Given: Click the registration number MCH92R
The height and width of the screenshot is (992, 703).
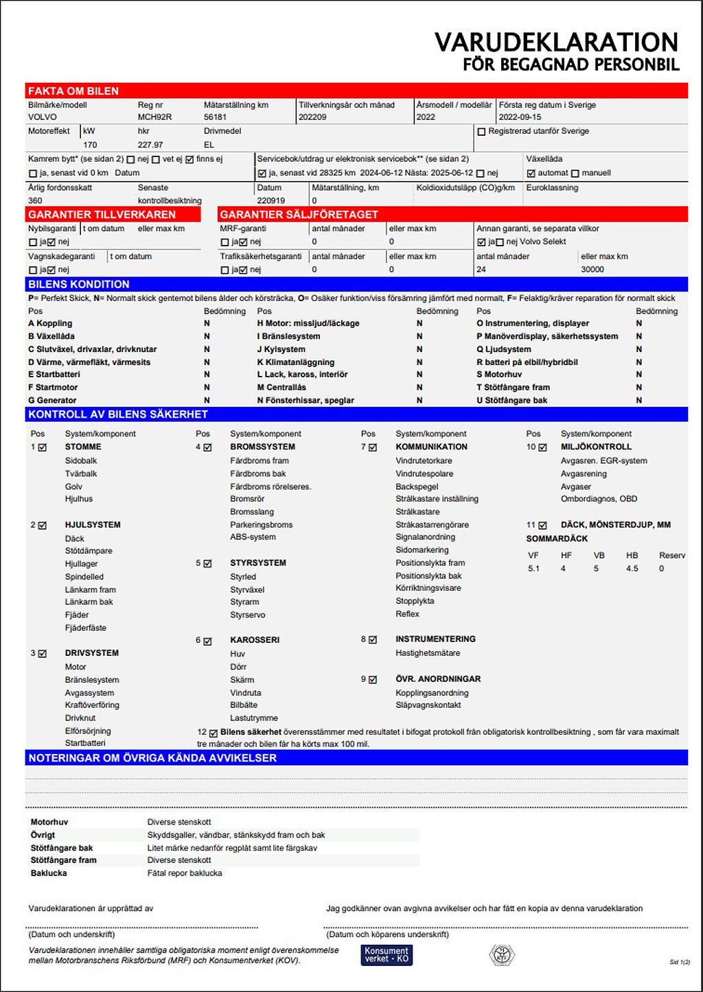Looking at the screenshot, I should (154, 117).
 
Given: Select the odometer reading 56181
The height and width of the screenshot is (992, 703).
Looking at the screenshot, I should (215, 117).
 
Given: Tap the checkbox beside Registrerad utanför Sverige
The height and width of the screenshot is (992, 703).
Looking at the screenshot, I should (481, 132).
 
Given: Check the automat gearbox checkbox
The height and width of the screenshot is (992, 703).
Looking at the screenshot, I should (531, 174).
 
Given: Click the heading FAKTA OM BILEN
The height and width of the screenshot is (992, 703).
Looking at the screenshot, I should (73, 91).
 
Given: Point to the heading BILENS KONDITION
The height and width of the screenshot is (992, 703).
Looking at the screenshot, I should (79, 285).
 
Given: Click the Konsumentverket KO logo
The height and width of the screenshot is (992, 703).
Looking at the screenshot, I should (387, 955).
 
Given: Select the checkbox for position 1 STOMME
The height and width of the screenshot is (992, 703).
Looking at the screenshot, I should (43, 447).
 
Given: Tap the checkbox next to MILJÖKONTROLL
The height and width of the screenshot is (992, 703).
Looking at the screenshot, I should (543, 447).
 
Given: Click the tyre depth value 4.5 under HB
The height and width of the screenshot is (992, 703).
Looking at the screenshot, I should (632, 569).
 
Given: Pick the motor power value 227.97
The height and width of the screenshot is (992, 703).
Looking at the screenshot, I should (150, 145).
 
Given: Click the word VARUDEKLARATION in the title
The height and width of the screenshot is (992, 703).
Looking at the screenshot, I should (556, 43).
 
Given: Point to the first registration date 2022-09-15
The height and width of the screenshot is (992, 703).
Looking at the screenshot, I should (520, 117).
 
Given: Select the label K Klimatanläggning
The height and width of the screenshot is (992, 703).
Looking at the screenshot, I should (296, 362).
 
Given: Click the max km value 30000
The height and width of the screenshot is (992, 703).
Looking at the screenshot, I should (592, 270).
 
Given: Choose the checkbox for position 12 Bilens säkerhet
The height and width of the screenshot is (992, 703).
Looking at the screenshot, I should (214, 733).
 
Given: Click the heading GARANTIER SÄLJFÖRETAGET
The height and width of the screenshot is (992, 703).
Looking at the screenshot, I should (299, 215).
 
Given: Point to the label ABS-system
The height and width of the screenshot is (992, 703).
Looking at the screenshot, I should (253, 537).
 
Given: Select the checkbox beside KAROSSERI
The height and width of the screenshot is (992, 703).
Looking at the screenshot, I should (207, 641).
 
